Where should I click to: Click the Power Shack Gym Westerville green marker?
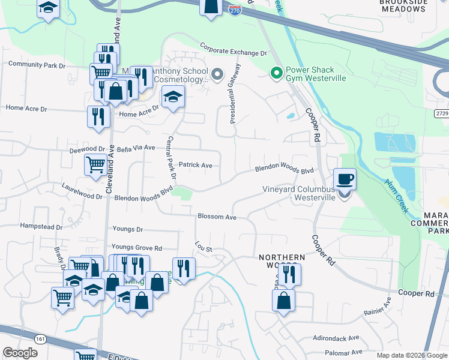pos(276,74)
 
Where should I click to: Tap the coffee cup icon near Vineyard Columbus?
pos(345,179)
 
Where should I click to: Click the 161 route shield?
pos(40,339)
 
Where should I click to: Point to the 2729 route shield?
pos(441,113)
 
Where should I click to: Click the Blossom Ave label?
pos(217,217)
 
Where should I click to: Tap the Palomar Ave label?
pos(344,352)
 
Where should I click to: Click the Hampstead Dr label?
pos(41,227)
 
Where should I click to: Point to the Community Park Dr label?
pos(37,65)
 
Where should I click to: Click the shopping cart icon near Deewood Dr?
pos(96,164)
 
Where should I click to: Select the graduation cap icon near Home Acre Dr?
pos(172,98)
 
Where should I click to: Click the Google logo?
pos(20,353)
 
